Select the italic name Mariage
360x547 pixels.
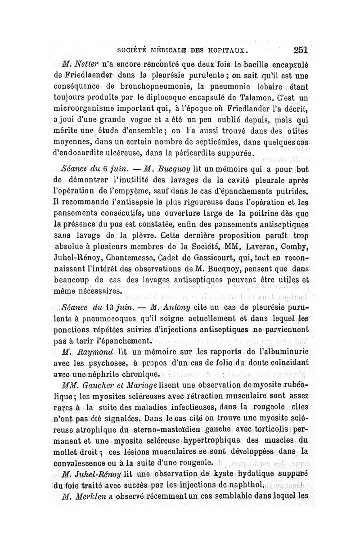pos(139,384)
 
